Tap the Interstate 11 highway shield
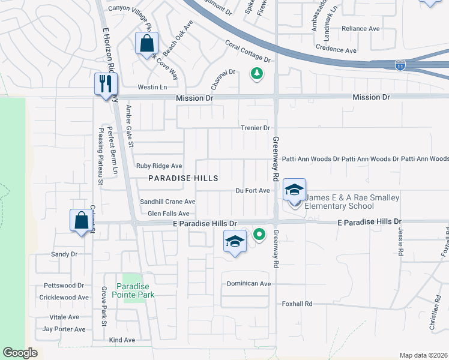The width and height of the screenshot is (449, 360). click(x=400, y=65)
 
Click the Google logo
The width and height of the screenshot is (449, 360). click(x=20, y=353)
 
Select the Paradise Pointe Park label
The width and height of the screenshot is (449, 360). click(x=136, y=290)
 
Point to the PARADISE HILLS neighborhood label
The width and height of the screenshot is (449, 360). click(x=183, y=178)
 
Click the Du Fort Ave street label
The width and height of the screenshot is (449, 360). click(x=253, y=191)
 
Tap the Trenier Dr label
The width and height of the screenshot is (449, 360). click(x=256, y=128)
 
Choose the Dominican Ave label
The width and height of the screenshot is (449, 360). click(x=249, y=283)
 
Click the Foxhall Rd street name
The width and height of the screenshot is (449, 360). click(x=298, y=304)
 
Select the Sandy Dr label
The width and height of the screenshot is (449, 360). click(x=64, y=254)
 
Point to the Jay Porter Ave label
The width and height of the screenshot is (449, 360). click(x=64, y=329)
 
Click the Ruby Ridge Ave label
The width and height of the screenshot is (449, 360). click(x=159, y=166)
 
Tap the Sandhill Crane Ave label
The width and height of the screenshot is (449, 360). click(x=167, y=202)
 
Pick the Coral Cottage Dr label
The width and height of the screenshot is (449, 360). click(x=248, y=52)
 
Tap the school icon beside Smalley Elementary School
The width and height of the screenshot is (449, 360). click(x=294, y=190)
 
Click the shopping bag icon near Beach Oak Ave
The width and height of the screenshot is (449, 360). click(x=146, y=44)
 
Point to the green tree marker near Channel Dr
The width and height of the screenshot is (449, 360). click(x=256, y=74)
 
